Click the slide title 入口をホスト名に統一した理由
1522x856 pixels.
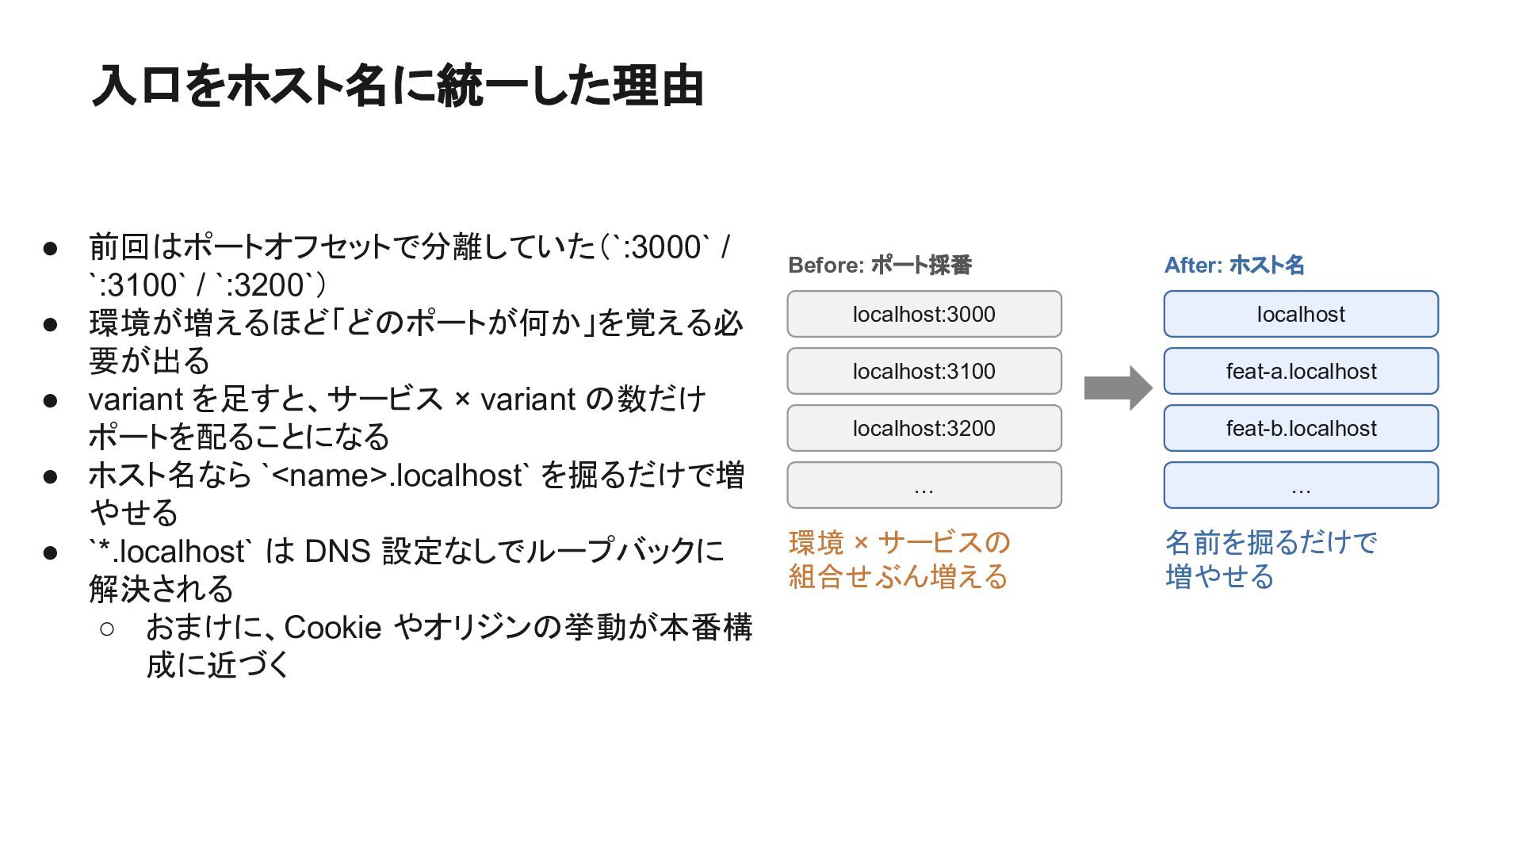398,86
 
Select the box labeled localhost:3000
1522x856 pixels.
924,314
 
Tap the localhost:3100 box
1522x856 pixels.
924,371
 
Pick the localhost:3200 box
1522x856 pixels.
924,428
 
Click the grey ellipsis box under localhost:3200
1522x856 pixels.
924,485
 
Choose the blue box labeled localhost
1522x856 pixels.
1301,314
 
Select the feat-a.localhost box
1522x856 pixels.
1301,371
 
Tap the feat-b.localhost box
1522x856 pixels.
1301,428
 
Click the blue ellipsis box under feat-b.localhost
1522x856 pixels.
1301,485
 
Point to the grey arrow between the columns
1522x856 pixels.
1118,388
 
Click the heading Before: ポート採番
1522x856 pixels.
880,265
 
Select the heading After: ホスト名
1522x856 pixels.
1234,265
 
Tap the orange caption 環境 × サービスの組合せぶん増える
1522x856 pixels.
899,560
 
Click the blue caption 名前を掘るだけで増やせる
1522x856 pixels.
1272,560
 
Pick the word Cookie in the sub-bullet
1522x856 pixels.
333,627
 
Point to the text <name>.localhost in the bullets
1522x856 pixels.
397,475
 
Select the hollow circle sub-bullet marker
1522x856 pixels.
107,629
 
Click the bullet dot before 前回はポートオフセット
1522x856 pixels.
51,249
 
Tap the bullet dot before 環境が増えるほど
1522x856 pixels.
51,325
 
